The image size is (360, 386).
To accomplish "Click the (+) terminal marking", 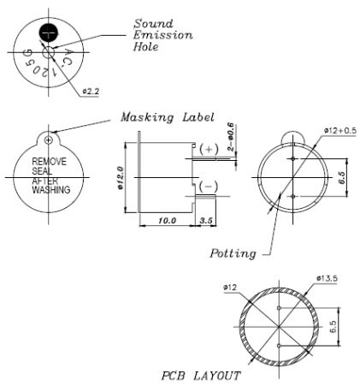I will pyautogui.click(x=210, y=149).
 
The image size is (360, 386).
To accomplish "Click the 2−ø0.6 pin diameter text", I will pyautogui.click(x=229, y=137).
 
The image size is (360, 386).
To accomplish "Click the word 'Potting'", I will pyautogui.click(x=233, y=253).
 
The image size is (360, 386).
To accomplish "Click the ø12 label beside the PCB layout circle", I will pyautogui.click(x=230, y=288).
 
